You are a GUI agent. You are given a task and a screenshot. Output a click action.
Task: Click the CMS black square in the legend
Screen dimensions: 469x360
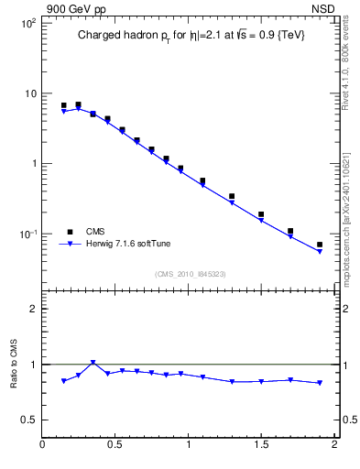[x=69, y=232]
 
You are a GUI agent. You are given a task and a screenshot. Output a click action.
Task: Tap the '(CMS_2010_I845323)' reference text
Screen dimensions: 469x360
[x=190, y=274]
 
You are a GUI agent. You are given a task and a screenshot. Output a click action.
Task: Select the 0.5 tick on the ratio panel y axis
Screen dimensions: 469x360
[x=28, y=420]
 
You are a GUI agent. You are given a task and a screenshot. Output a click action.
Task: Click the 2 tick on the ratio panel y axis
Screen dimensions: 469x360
[x=33, y=309]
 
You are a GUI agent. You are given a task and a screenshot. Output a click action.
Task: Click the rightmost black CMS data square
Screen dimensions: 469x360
[x=320, y=245]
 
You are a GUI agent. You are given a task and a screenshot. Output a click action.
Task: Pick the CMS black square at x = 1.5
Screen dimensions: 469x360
[x=261, y=214]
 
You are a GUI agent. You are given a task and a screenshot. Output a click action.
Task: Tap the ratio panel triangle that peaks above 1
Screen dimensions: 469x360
[x=93, y=363]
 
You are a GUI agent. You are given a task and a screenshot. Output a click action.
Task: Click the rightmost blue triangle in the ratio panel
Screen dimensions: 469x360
[x=320, y=383]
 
